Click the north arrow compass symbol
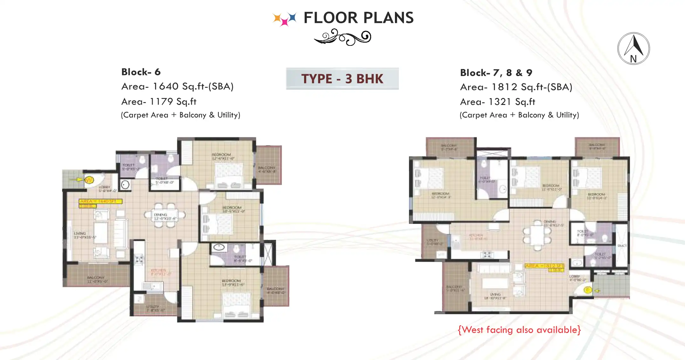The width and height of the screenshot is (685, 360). [x=633, y=48]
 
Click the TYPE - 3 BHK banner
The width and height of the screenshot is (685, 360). [x=342, y=79]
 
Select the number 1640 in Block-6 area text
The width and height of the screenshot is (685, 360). [x=165, y=86]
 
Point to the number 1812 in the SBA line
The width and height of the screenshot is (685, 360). [x=504, y=87]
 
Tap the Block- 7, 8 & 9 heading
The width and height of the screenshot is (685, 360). [x=496, y=73]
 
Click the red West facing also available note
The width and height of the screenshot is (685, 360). [x=519, y=330]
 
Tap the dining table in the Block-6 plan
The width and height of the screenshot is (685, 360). [x=165, y=215]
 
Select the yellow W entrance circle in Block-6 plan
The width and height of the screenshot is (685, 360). [x=89, y=180]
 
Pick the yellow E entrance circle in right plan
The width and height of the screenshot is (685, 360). [x=588, y=290]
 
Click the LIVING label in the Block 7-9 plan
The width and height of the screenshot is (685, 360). [x=495, y=294]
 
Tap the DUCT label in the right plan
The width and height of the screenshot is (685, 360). [x=622, y=246]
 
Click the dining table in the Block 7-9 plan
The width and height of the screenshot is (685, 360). [x=537, y=235]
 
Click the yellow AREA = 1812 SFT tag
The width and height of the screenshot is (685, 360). [x=544, y=266]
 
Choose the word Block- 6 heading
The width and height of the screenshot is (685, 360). [x=141, y=72]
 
